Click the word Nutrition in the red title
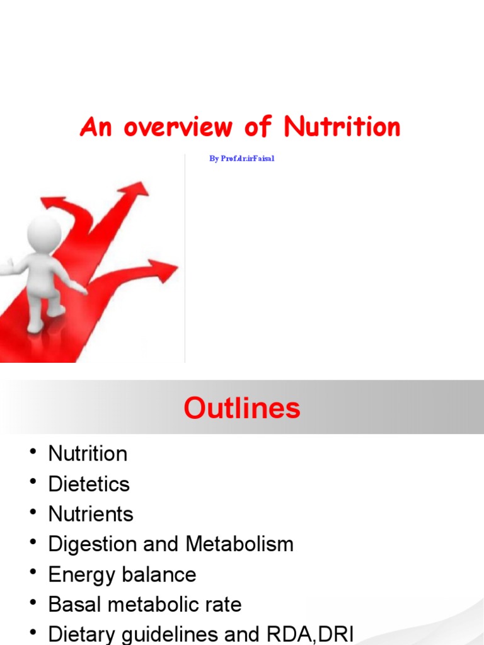click(342, 127)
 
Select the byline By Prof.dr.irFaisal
click(242, 159)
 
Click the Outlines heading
click(242, 409)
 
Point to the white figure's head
click(44, 232)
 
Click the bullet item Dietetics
click(89, 484)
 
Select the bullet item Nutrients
click(91, 514)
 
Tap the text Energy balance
click(122, 574)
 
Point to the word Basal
click(74, 605)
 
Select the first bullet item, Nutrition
click(88, 454)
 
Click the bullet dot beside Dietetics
click(32, 483)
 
